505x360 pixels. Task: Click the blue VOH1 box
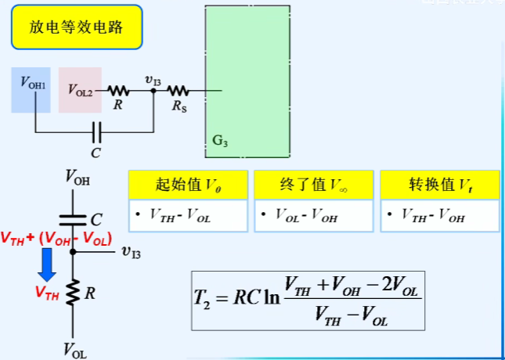[31, 89]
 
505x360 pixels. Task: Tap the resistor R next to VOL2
[118, 90]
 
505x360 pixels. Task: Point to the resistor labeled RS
[178, 90]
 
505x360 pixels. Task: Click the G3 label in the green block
[220, 142]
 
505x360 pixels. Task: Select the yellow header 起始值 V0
[187, 185]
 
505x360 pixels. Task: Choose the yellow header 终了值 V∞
[312, 185]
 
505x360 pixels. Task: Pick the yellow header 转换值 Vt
[438, 185]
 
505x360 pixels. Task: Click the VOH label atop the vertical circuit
[77, 179]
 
